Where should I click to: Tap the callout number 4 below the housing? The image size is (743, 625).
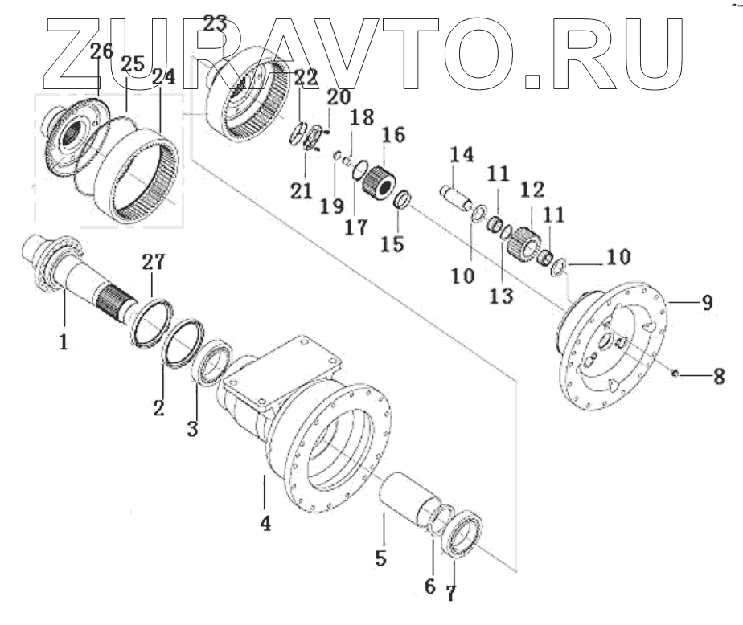tap(265, 524)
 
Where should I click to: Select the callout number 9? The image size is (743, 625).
tap(707, 304)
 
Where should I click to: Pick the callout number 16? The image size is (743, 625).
tap(395, 133)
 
